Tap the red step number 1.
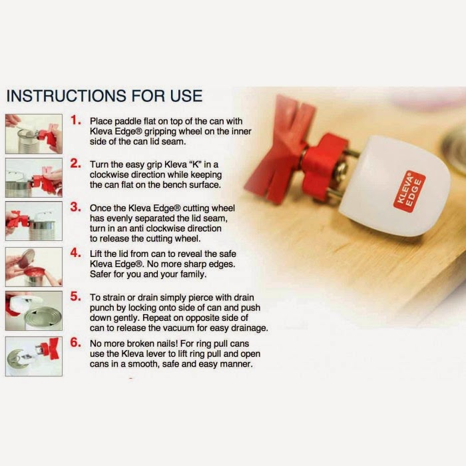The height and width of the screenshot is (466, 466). (75, 120)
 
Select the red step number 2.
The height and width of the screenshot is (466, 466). (75, 163)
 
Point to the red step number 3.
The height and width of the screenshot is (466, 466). (75, 207)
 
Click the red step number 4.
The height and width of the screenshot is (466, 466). (75, 252)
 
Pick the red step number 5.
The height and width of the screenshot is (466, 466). (75, 296)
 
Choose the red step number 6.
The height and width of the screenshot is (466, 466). (75, 342)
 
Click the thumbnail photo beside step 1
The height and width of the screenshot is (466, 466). (34, 134)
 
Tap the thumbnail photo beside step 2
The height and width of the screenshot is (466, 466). (34, 178)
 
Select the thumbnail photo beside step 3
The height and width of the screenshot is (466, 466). (34, 221)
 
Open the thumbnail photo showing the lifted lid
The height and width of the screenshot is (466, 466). (34, 267)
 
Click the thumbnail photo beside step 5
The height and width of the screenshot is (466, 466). (34, 311)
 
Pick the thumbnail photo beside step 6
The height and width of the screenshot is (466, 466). (34, 356)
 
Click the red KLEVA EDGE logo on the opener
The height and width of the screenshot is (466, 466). (409, 192)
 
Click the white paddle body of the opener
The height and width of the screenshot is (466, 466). (395, 186)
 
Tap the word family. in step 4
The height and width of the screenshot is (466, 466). (192, 274)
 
